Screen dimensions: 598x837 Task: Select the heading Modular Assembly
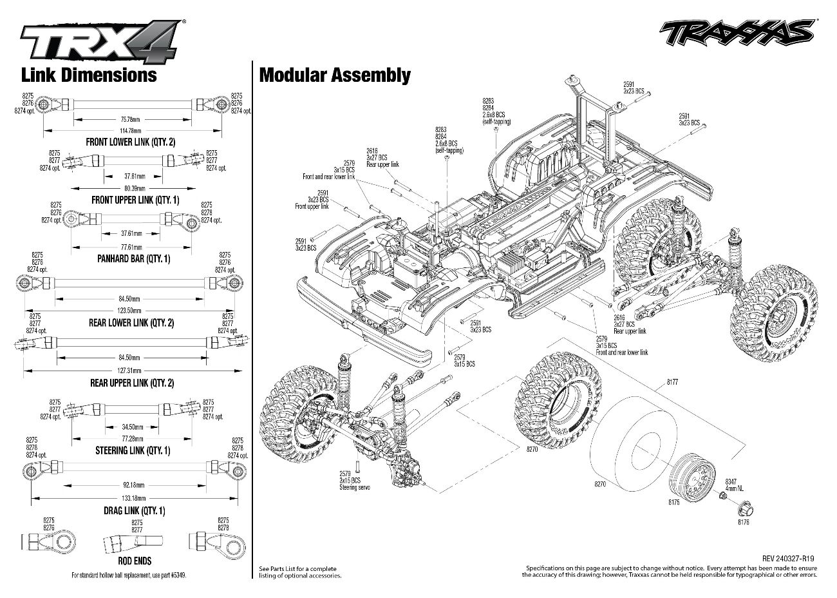pyautogui.click(x=334, y=75)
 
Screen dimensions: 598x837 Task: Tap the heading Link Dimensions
pyautogui.click(x=89, y=75)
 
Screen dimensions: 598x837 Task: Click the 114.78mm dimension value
pyautogui.click(x=131, y=131)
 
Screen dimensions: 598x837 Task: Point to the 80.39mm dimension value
pyautogui.click(x=134, y=188)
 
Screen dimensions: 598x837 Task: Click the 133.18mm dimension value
pyautogui.click(x=134, y=498)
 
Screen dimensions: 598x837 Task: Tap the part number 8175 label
pyautogui.click(x=673, y=501)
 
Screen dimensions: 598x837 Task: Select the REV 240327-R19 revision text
pyautogui.click(x=789, y=559)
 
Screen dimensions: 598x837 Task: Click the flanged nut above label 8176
pyautogui.click(x=745, y=507)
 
